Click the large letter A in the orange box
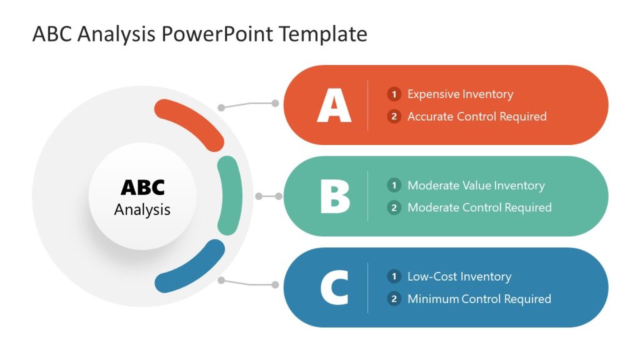334,105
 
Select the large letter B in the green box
334,196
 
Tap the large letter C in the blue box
334,287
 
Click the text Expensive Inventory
460,94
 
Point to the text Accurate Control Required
477,116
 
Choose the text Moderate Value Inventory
476,186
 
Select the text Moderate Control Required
479,207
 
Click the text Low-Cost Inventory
459,276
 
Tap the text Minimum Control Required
479,299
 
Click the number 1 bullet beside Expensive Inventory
394,94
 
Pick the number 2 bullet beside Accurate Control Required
394,116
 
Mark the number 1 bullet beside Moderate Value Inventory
394,186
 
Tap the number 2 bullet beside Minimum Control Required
394,299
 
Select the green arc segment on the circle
229,196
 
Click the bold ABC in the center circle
142,187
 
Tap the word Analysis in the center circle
142,209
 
